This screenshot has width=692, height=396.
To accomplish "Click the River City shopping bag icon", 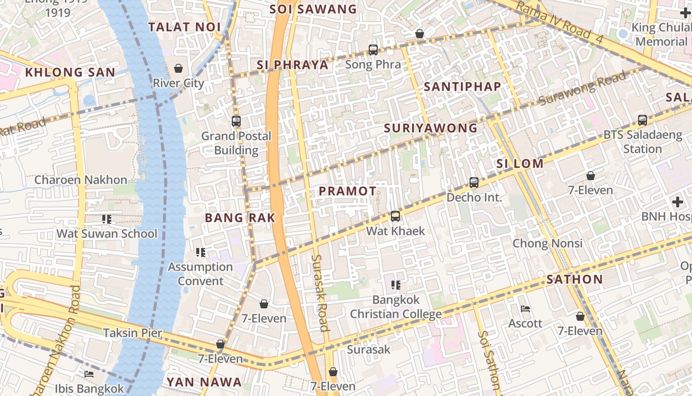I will tap(178, 68).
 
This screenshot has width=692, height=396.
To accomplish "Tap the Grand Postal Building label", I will tap(236, 143).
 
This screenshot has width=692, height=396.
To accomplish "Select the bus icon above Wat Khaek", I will tap(395, 216).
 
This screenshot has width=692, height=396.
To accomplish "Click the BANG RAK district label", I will tap(240, 218).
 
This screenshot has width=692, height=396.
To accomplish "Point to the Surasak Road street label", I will tap(320, 293).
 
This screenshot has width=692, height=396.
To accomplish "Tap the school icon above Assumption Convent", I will tap(200, 252).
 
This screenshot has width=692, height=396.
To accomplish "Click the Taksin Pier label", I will tap(132, 333).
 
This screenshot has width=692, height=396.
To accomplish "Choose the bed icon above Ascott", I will tap(525, 309).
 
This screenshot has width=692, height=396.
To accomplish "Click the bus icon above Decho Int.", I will tap(474, 183).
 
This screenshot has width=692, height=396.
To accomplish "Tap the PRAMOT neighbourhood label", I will tap(347, 191).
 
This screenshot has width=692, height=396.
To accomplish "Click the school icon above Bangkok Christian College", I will tap(395, 285).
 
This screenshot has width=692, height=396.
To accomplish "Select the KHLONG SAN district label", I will tap(70, 72).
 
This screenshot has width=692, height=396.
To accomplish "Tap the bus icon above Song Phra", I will tap(373, 50).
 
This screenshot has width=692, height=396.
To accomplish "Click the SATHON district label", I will tap(574, 279).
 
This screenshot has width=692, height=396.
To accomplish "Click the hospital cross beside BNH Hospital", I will tap(678, 202).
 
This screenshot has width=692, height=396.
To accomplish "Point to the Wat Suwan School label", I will tap(107, 234).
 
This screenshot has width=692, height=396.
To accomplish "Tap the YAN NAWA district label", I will tap(204, 382).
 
